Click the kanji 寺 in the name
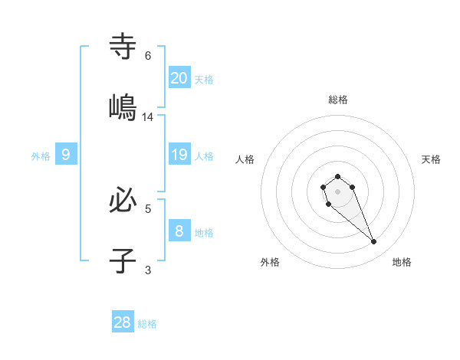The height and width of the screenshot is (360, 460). tap(123, 47)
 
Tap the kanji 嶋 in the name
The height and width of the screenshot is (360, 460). tap(123, 107)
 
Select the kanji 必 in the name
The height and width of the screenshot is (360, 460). tap(123, 201)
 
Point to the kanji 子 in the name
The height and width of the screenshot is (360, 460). tap(123, 260)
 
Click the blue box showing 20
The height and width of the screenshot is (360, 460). tap(179, 77)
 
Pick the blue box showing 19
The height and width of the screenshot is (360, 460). tap(179, 155)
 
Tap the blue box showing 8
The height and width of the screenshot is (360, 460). tap(179, 231)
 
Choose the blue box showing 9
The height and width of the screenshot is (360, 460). tap(66, 155)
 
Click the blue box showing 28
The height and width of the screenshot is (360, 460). tap(123, 322)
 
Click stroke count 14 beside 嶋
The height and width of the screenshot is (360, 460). tap(148, 117)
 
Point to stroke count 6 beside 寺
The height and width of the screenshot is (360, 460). tap(148, 56)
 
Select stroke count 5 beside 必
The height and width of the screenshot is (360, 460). tap(148, 208)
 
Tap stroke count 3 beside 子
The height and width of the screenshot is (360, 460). tap(148, 269)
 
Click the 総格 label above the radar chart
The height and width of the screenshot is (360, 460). tap(338, 100)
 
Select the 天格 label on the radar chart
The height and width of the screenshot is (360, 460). tap(431, 159)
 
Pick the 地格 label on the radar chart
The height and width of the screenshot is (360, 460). tap(402, 262)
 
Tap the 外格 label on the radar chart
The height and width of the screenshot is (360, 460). tap(270, 262)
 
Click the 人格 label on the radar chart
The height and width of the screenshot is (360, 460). tap(245, 159)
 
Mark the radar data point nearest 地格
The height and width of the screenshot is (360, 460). tap(374, 242)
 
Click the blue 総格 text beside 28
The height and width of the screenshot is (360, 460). tap(147, 324)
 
